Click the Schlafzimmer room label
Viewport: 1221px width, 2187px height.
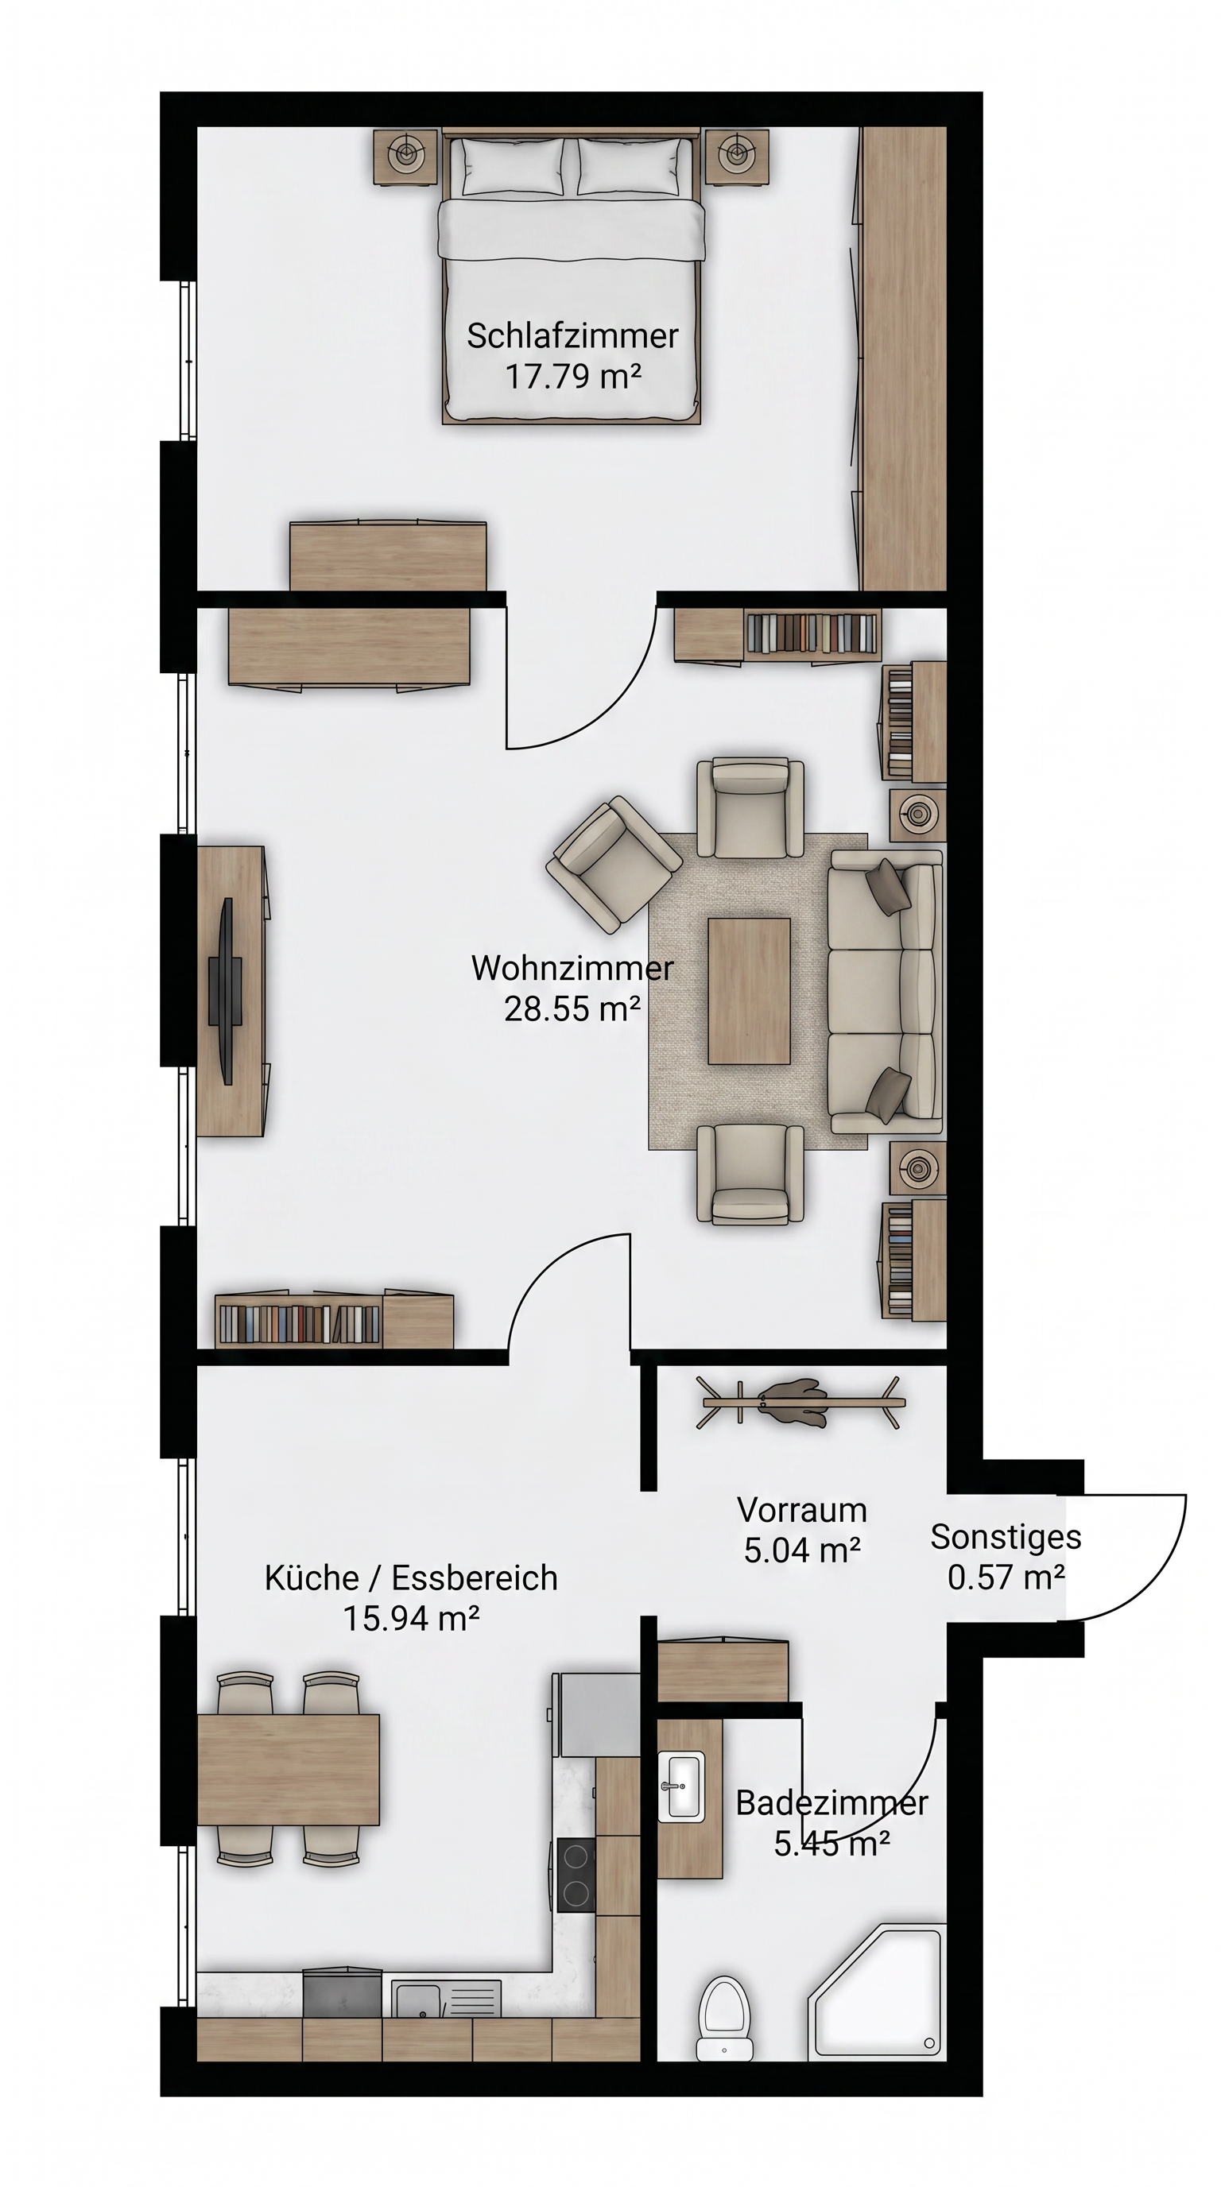pyautogui.click(x=572, y=336)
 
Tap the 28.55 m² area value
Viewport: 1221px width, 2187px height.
pyautogui.click(x=572, y=1008)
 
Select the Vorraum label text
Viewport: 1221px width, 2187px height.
pyautogui.click(x=801, y=1511)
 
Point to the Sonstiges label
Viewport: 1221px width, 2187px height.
pyautogui.click(x=1006, y=1538)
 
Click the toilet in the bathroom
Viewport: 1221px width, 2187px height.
pyautogui.click(x=725, y=2014)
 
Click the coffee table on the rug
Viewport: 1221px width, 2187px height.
pyautogui.click(x=749, y=990)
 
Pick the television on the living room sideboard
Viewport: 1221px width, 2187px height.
pyautogui.click(x=226, y=991)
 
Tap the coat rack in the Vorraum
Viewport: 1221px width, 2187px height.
pyautogui.click(x=799, y=1403)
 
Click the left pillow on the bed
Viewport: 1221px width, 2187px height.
pyautogui.click(x=513, y=166)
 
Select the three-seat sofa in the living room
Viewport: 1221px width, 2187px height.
pyautogui.click(x=886, y=991)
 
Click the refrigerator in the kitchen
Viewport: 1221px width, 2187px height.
pyautogui.click(x=597, y=1714)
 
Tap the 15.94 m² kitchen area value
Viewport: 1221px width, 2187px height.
pyautogui.click(x=411, y=1619)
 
